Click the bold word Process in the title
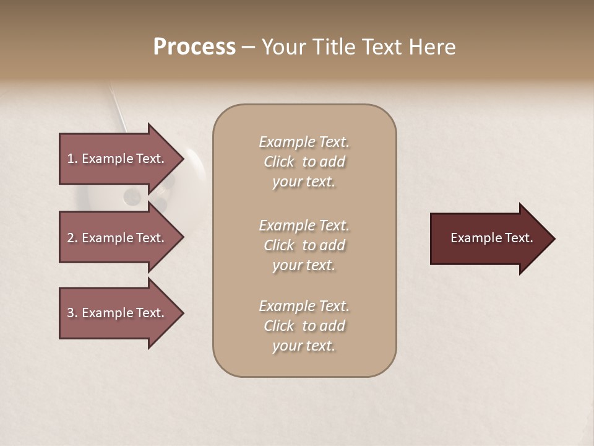194,47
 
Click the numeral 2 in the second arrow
70,238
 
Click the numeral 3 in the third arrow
70,313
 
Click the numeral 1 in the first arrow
70,159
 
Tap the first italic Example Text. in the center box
304,142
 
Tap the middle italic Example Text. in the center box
304,225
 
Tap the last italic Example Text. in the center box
304,306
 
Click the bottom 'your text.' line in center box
304,346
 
